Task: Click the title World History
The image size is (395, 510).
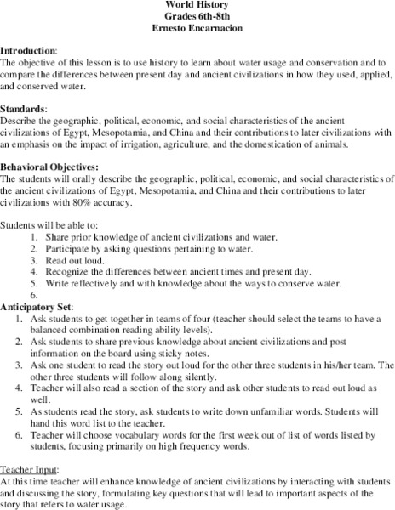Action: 197,4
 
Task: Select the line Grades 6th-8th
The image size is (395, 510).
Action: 197,15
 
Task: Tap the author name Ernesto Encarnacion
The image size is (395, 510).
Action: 197,27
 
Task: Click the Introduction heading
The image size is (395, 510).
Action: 29,50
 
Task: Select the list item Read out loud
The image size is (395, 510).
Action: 70,258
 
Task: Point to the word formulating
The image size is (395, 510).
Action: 149,491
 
